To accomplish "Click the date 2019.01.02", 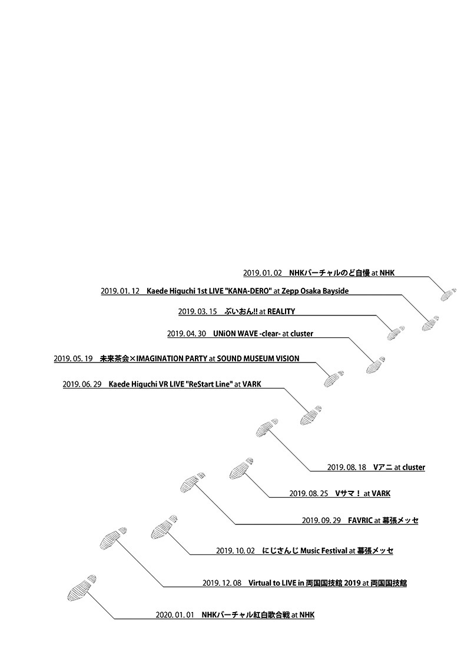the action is [262, 273].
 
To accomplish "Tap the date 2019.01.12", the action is [120, 291].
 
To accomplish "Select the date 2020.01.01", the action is [175, 615].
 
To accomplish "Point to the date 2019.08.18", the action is [346, 467].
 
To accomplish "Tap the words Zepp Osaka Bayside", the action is [315, 291].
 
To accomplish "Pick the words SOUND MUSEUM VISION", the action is [258, 359].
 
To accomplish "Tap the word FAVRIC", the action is [360, 520].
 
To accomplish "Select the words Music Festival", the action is [323, 551].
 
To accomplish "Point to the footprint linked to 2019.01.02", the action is [448, 294].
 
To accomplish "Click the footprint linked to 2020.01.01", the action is [81, 588].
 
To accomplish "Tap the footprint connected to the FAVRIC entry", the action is [193, 481].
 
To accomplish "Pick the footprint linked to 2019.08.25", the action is [242, 469].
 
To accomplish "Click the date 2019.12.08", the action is [222, 583].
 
